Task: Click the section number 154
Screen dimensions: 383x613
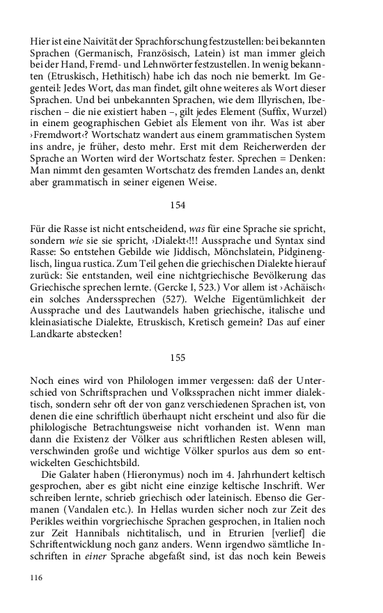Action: point(178,205)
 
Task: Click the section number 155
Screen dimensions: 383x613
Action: point(178,357)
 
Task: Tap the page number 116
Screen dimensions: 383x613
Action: point(36,577)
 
